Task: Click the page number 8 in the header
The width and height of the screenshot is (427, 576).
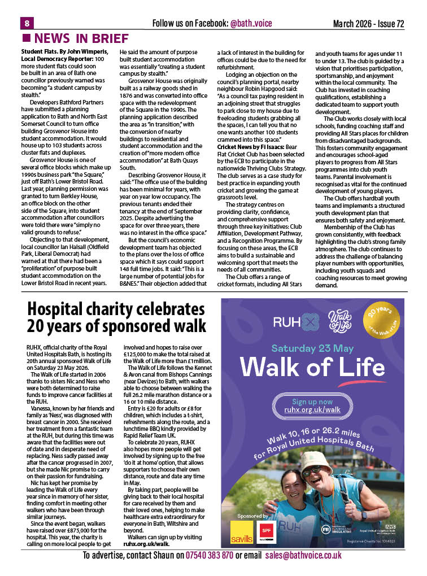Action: (x=27, y=23)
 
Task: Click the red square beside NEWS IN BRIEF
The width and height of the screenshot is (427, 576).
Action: (x=26, y=38)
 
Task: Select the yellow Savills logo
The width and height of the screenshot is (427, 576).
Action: (x=242, y=536)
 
